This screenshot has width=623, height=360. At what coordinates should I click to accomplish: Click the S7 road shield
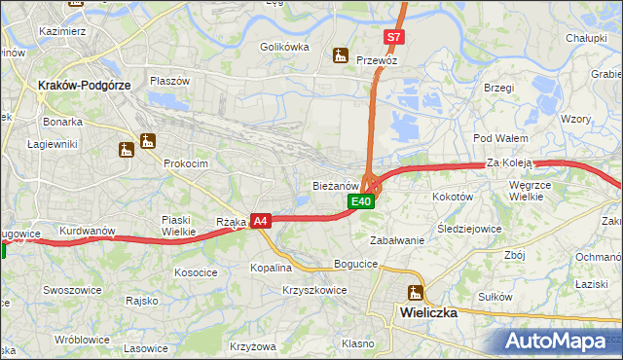pyautogui.click(x=392, y=37)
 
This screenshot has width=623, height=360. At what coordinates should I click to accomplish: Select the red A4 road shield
pyautogui.click(x=260, y=222)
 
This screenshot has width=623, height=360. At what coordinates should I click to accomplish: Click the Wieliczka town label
pyautogui.click(x=428, y=313)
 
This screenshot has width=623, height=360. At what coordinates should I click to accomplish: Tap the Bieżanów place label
pyautogui.click(x=336, y=185)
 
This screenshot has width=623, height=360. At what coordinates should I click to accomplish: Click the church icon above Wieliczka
pyautogui.click(x=416, y=293)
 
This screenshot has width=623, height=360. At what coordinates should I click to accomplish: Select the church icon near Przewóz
pyautogui.click(x=340, y=56)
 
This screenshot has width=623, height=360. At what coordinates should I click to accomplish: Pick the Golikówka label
pyautogui.click(x=284, y=46)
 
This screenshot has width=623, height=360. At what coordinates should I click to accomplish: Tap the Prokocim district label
pyautogui.click(x=186, y=163)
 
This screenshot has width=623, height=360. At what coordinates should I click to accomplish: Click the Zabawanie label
pyautogui.click(x=397, y=240)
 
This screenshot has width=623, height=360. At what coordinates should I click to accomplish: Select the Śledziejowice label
pyautogui.click(x=469, y=230)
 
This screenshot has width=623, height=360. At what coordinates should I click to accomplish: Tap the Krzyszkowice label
pyautogui.click(x=314, y=290)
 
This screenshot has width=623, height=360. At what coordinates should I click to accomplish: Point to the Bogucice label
pyautogui.click(x=354, y=264)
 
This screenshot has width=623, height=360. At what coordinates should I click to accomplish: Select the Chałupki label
pyautogui.click(x=587, y=38)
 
